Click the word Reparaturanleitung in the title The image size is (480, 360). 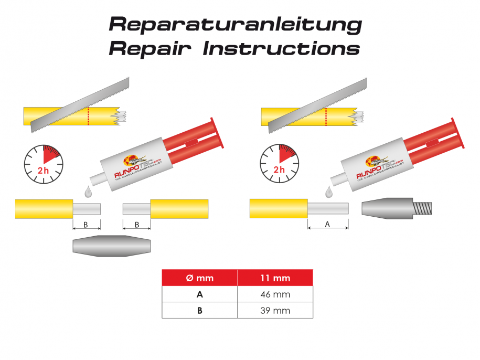235,24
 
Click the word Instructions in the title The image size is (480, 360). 281,48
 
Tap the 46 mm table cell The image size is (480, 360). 275,294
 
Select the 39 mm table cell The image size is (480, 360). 275,310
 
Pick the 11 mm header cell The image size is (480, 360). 275,278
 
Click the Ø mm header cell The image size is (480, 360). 200,278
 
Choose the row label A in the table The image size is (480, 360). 200,294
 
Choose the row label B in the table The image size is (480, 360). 200,310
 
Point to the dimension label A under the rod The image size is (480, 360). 328,224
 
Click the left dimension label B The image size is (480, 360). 86,225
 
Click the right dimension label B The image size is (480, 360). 136,225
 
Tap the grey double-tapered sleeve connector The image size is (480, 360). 112,246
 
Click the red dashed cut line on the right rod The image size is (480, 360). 326,116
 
